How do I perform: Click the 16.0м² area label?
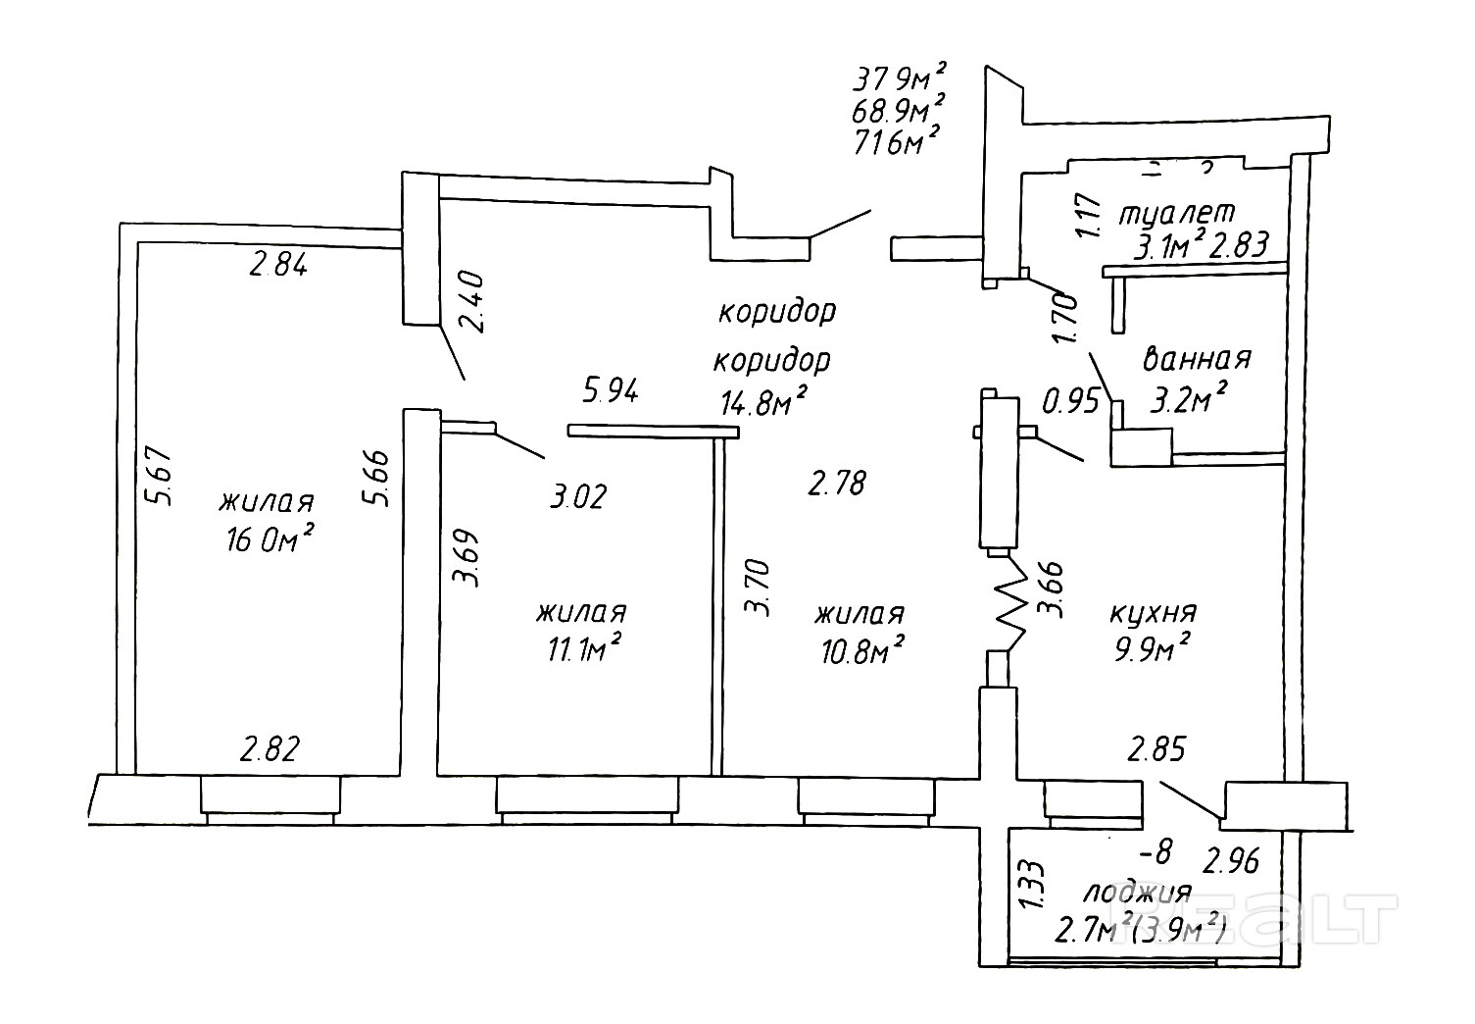point(269,538)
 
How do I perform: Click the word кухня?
point(1153,613)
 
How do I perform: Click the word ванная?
point(1198,359)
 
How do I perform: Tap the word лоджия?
point(1136,893)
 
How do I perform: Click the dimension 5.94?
point(611,391)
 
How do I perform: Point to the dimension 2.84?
point(279,265)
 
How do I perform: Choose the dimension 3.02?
point(578,495)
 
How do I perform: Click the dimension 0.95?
point(1069,402)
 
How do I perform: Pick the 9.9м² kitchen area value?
point(1153,648)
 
